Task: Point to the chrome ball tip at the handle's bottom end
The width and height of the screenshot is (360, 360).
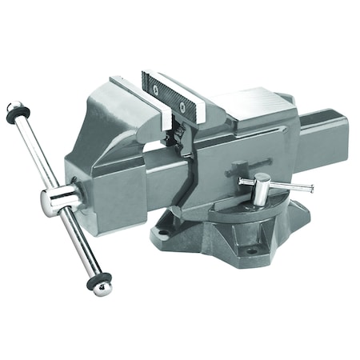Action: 102,288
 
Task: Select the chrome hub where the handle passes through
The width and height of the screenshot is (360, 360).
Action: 58,200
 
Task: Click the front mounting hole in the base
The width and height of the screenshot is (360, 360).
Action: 250,250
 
